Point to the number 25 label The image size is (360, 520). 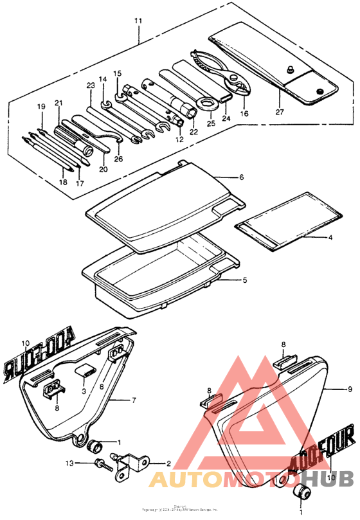(210, 122)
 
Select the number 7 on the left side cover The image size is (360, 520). (134, 400)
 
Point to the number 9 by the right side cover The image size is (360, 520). (350, 389)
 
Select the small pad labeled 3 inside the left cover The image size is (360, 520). (85, 370)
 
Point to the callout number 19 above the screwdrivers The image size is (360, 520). (41, 106)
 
